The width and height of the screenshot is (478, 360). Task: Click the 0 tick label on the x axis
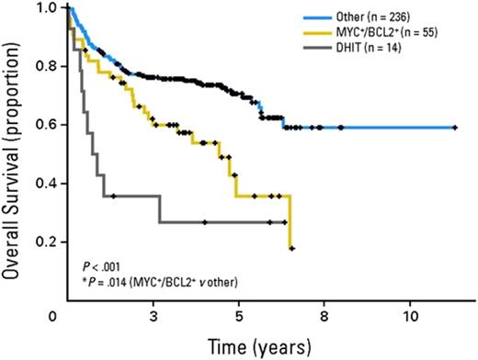pos(69,315)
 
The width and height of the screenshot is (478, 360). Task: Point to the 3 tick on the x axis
pos(152,315)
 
